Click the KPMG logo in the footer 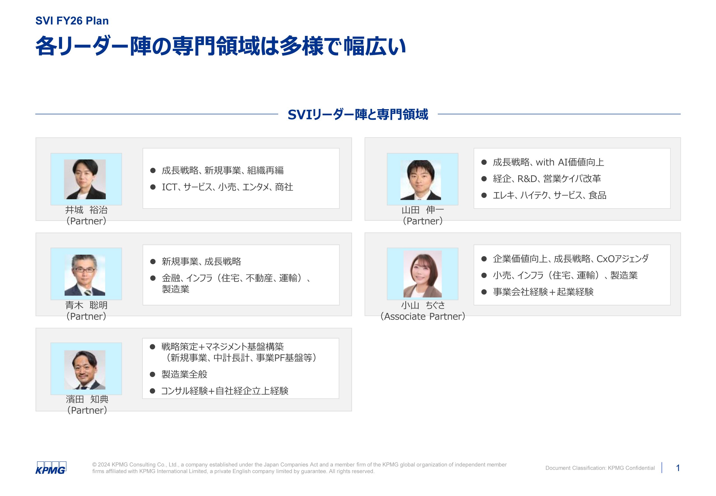click(51, 468)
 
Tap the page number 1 click(678, 468)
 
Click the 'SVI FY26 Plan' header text click(72, 21)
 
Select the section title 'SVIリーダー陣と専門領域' click(358, 114)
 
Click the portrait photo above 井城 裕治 click(85, 179)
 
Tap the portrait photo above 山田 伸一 click(421, 180)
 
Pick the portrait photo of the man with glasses click(85, 275)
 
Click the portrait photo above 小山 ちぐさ click(422, 274)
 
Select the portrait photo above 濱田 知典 click(85, 370)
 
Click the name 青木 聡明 click(86, 305)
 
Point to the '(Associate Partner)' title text click(423, 316)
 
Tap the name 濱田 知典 click(87, 399)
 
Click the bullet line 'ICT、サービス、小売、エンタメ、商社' click(227, 187)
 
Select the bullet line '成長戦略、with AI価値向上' click(548, 162)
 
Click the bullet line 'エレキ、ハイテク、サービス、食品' click(550, 195)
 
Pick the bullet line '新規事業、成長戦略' click(201, 262)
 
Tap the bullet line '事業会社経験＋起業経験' click(543, 292)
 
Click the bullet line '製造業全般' click(184, 374)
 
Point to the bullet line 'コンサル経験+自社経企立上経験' click(225, 391)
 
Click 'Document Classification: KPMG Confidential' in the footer click(600, 468)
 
